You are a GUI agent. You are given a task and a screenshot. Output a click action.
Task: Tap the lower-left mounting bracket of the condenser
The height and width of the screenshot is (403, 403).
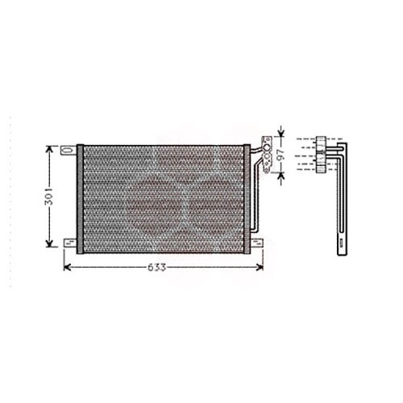coord(70,243)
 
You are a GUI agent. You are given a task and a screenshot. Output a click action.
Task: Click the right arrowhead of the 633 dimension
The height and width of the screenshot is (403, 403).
coord(256,268)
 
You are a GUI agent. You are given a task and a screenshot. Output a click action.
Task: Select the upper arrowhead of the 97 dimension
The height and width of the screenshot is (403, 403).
coord(280,131)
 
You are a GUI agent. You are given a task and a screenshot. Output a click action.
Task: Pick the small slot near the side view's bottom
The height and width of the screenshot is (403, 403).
coord(341,239)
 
